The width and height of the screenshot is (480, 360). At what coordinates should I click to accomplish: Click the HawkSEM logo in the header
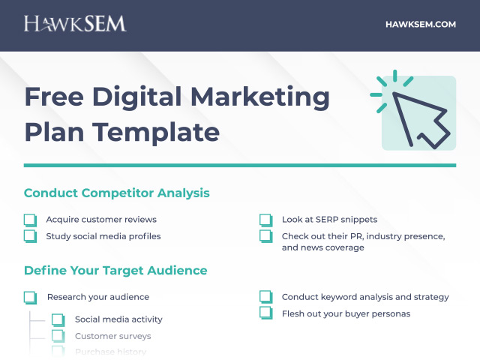[75, 24]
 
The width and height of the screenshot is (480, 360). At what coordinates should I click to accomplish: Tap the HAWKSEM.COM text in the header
[420, 24]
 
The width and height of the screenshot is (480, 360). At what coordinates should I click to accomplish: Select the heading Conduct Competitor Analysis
[116, 193]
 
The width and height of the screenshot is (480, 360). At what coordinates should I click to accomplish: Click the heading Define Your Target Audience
[115, 270]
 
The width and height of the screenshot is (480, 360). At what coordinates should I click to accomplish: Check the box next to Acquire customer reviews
[30, 220]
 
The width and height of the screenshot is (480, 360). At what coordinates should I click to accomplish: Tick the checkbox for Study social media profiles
[30, 236]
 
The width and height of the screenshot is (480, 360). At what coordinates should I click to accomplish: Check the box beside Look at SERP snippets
[265, 220]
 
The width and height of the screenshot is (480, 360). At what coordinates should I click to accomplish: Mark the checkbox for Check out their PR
[265, 236]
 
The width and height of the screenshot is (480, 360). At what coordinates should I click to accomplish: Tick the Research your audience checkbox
[30, 297]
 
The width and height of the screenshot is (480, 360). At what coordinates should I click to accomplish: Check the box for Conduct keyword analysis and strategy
[265, 297]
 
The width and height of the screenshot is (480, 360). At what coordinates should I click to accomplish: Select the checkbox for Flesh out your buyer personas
[265, 313]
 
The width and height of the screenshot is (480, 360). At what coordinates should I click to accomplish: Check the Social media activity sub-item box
[58, 319]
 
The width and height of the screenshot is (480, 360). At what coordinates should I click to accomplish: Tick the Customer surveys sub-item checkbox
[58, 336]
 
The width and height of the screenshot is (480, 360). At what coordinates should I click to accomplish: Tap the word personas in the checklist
[391, 313]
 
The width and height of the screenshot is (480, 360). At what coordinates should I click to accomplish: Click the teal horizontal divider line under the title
[240, 165]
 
